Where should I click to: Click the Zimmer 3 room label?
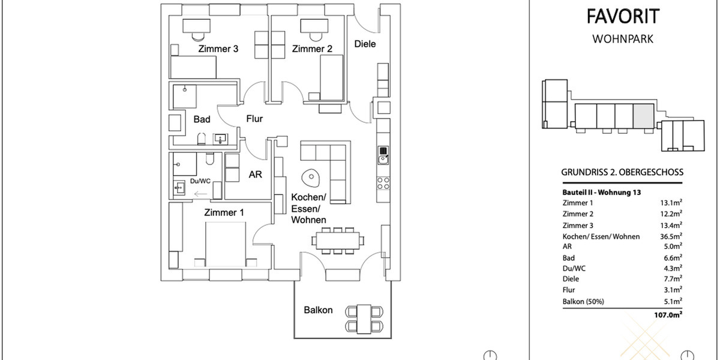(218, 49)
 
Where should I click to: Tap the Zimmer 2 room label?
(312, 49)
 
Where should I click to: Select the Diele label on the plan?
(365, 44)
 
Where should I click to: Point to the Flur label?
(254, 119)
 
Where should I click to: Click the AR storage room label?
(256, 175)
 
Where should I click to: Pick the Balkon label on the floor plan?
(318, 310)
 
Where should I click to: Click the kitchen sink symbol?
(382, 155)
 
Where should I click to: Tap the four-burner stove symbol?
(382, 183)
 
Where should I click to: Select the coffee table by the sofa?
(311, 177)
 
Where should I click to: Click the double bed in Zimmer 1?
(225, 243)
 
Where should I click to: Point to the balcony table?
(364, 318)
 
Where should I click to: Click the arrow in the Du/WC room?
(201, 194)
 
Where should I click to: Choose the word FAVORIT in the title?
(622, 17)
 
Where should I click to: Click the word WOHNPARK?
(622, 39)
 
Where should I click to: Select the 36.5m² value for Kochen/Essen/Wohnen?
(671, 236)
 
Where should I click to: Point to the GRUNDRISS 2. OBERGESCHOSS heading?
(622, 172)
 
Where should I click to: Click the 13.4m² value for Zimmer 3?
(671, 226)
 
